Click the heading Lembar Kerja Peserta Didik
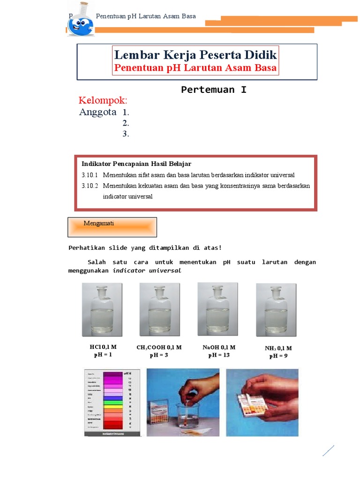click(196, 55)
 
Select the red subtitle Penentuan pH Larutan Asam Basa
click(196, 68)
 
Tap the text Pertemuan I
click(214, 90)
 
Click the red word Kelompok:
click(103, 100)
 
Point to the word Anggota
click(97, 112)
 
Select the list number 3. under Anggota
click(126, 134)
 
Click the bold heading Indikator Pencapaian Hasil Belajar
click(136, 164)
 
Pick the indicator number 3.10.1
click(90, 175)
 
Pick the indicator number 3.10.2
click(90, 186)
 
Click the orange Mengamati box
click(112, 227)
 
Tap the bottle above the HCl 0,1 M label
click(102, 309)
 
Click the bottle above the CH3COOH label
click(159, 309)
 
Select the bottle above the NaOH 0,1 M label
click(217, 309)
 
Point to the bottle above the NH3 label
click(276, 310)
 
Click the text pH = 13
click(219, 355)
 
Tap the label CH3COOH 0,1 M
click(159, 348)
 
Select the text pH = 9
click(278, 356)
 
